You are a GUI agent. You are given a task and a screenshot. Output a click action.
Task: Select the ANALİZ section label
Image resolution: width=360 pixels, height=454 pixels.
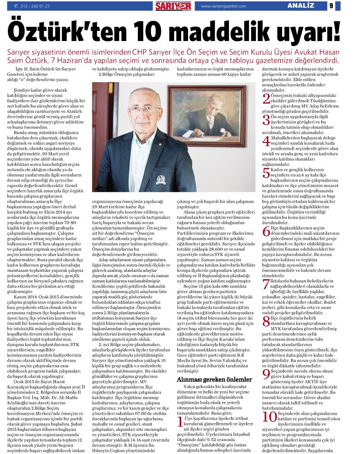pos(301,6)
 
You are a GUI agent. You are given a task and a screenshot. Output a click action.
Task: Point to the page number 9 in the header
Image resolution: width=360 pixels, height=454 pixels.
pos(344,6)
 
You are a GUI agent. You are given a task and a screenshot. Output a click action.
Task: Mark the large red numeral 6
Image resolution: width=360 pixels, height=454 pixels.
pos(266,232)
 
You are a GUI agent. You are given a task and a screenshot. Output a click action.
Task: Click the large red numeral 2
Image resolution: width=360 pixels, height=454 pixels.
pos(266,98)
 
